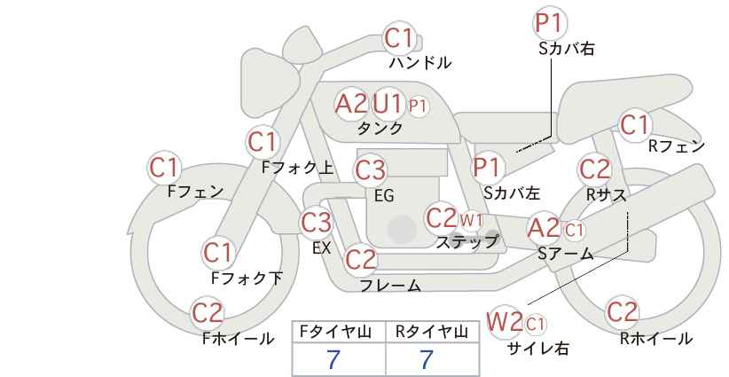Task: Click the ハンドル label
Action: (x=419, y=62)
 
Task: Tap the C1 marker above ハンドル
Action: (x=399, y=38)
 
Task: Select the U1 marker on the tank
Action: (x=387, y=104)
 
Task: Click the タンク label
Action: (x=380, y=128)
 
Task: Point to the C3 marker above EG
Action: (x=370, y=170)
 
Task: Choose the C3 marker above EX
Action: (x=316, y=222)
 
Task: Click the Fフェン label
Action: (x=195, y=192)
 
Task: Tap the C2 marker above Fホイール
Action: (x=208, y=312)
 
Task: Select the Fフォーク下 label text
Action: (x=247, y=278)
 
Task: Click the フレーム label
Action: (x=390, y=285)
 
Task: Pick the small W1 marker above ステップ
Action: (x=471, y=220)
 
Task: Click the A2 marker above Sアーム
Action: (x=544, y=228)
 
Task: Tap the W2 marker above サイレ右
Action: (x=505, y=321)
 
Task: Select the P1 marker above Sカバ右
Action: (x=550, y=23)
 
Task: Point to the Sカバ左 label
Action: (x=512, y=192)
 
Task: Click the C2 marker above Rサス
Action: (x=594, y=169)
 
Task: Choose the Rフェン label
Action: (x=677, y=146)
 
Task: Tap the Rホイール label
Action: (x=656, y=339)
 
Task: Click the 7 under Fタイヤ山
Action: (x=333, y=359)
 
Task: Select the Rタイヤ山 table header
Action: (x=432, y=332)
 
